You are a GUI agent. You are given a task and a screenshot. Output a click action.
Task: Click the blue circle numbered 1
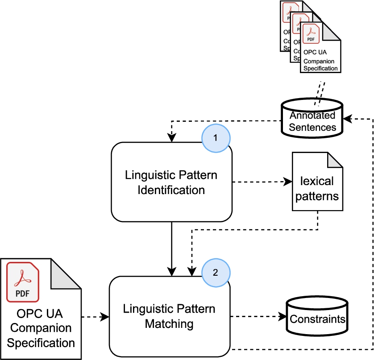click(x=216, y=138)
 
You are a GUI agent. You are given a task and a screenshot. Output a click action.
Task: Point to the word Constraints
click(x=317, y=319)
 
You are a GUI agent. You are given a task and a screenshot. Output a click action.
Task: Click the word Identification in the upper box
click(x=172, y=190)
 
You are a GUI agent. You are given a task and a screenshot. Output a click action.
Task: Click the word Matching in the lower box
click(x=170, y=323)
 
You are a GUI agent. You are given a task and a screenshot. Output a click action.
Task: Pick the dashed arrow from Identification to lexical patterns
click(x=259, y=182)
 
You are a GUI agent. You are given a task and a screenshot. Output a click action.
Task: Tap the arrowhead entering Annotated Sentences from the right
click(x=347, y=119)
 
